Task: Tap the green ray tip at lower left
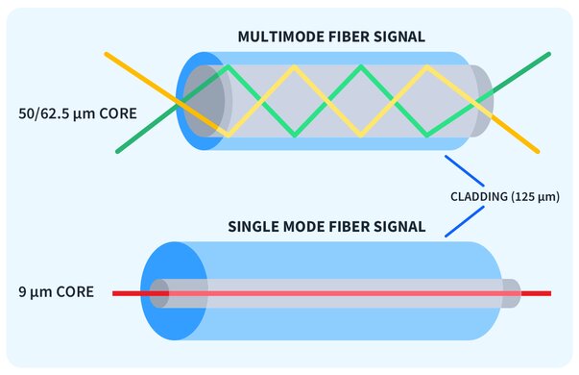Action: [x=119, y=151]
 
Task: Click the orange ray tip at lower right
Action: [x=537, y=151]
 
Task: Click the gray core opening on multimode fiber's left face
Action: [x=204, y=101]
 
